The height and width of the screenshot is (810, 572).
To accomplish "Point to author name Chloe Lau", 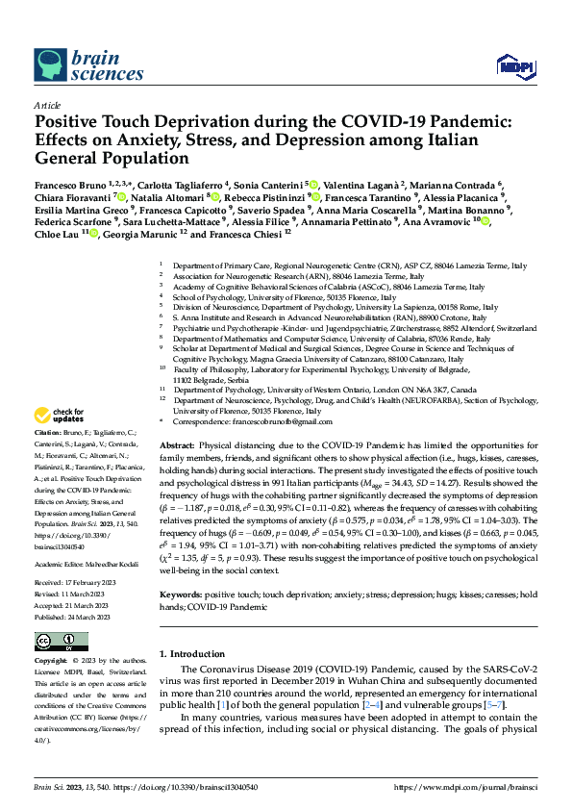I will [56, 232].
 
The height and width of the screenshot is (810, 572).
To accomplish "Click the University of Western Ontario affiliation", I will [317, 390].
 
